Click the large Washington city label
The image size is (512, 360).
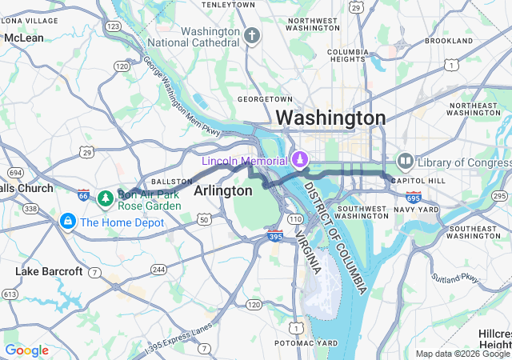[x=330, y=118]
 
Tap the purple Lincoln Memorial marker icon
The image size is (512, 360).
[x=300, y=160]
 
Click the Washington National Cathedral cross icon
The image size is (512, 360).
[x=253, y=36]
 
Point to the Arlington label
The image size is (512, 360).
[x=223, y=190]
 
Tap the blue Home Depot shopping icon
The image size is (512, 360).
[x=67, y=220]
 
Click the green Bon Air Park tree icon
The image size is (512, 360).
[x=105, y=197]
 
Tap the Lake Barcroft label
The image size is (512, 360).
[x=49, y=271]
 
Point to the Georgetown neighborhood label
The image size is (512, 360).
[x=261, y=99]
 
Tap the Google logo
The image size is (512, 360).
[x=26, y=350]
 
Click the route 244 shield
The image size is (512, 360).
[x=158, y=270]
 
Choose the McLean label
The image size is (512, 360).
[x=24, y=38]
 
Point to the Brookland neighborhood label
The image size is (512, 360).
[x=448, y=40]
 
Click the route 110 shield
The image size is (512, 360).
[x=295, y=218]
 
